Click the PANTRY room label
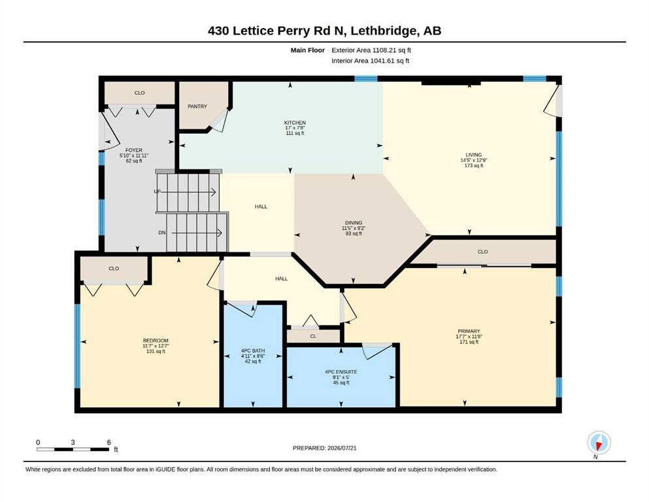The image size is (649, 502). coord(197,107)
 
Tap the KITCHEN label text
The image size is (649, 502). coord(295,122)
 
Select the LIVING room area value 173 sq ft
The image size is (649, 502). coord(473,165)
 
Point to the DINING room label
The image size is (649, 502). coord(354,223)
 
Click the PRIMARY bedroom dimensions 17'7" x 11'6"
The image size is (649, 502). coord(469,337)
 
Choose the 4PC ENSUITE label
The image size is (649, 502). coord(341,372)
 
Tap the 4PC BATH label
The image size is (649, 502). coord(253,350)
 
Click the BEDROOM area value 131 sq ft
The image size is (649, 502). coord(156,352)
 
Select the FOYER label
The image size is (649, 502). coord(134,150)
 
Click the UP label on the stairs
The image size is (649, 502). coord(158,192)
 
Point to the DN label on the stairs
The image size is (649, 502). coord(162,233)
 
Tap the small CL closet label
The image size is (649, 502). coord(313,336)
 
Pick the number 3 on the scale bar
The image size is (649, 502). coord(73,442)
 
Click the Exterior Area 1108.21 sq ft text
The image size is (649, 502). coord(371,50)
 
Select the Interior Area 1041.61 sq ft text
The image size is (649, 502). coord(370,61)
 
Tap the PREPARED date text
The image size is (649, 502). coord(324,448)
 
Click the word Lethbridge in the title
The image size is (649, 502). coord(386,31)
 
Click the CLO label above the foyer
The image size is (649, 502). coord(139,93)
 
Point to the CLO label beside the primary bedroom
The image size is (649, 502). coord(482,252)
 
